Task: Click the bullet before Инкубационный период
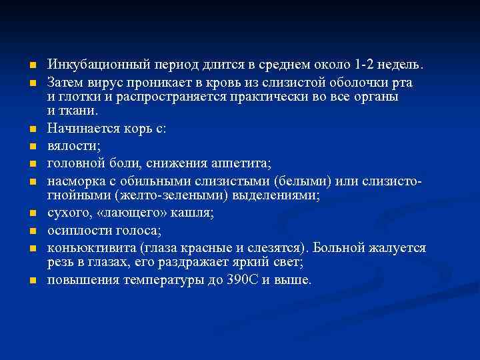pyautogui.click(x=31, y=66)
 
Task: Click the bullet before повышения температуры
pyautogui.click(x=31, y=281)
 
